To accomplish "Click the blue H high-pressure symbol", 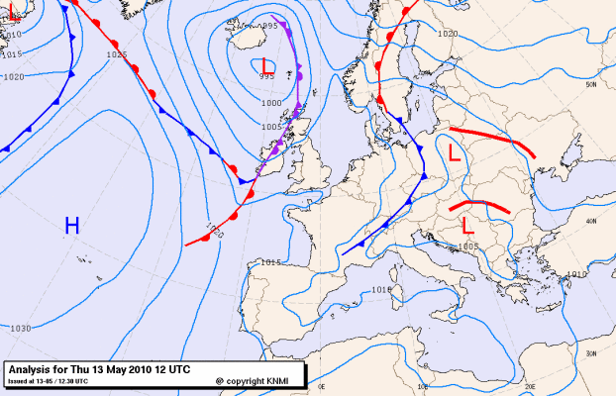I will tap(71, 226).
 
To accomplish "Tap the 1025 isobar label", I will tap(116, 54).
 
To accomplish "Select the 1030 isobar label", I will tap(20, 328).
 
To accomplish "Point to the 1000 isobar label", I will tap(270, 102).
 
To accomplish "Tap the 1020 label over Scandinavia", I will tap(448, 34).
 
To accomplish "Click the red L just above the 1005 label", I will tap(467, 226).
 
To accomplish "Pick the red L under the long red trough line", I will tap(454, 153).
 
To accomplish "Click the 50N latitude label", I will tap(592, 85).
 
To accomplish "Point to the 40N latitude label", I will tap(591, 221).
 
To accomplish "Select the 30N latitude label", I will tap(591, 352).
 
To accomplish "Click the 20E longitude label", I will tap(529, 386).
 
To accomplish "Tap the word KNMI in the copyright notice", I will tap(282, 380).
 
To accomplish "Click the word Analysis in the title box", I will tap(34, 368).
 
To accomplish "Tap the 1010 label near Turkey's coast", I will tap(577, 273).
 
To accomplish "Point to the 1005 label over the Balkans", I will tap(468, 245).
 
